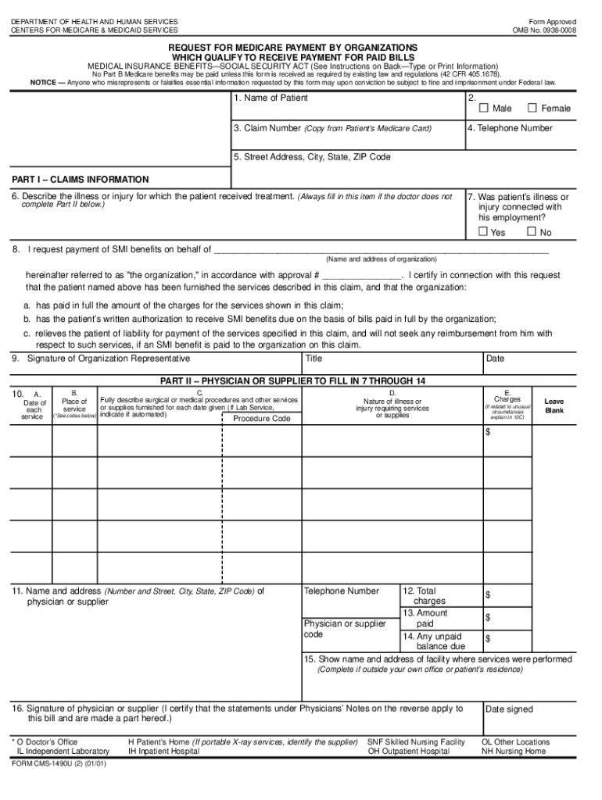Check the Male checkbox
point(483,108)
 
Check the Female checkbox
point(532,108)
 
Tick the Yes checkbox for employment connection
point(483,232)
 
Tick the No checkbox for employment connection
point(532,232)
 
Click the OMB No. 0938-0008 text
point(544,30)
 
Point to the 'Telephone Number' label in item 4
point(514,128)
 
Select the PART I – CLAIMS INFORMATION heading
point(80,179)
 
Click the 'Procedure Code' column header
point(262,419)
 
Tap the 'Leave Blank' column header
point(554,405)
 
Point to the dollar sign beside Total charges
point(488,595)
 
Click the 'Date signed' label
point(509,709)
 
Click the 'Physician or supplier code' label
point(344,629)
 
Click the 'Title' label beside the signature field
point(314,359)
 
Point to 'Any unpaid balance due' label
point(434,641)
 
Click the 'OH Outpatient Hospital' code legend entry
point(409,752)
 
